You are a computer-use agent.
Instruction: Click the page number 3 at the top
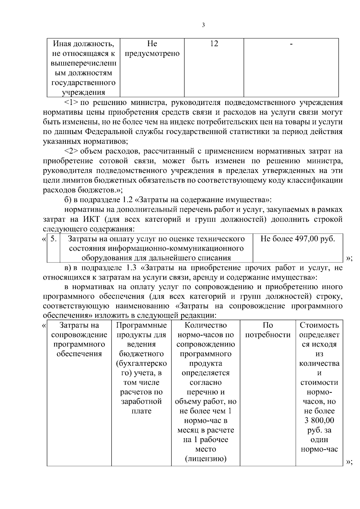(203, 25)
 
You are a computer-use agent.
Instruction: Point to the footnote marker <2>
(71, 151)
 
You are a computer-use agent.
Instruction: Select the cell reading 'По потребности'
(268, 330)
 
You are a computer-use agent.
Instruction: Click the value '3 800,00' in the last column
(319, 421)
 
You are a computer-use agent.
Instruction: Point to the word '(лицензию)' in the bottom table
(205, 459)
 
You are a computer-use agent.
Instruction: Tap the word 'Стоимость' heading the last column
(319, 325)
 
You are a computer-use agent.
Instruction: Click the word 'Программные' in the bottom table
(141, 325)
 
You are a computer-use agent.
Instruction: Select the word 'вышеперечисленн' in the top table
(83, 64)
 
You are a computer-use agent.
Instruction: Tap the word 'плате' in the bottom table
(141, 411)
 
